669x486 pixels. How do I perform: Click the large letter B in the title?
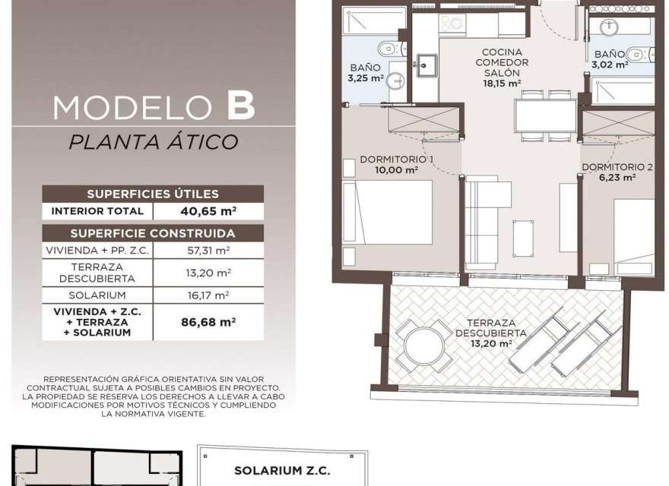point(241,106)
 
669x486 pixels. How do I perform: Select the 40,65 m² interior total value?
point(208,211)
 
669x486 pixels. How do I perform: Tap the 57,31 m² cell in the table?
point(208,251)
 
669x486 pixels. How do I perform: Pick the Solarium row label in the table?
point(97,295)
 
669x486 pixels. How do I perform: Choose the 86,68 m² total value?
point(208,322)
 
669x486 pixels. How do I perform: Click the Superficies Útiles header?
point(153,194)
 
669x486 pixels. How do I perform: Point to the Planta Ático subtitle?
point(153,141)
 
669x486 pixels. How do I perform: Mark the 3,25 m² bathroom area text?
point(366,78)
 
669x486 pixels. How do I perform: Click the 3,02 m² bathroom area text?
point(609,65)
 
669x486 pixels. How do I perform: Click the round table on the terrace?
point(424,346)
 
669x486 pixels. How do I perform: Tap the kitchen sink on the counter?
point(426,65)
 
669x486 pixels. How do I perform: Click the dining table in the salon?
point(545,115)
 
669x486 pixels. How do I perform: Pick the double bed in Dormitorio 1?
point(388,213)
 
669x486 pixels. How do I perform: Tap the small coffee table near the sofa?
point(523,238)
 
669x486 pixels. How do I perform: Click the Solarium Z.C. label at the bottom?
point(282,471)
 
